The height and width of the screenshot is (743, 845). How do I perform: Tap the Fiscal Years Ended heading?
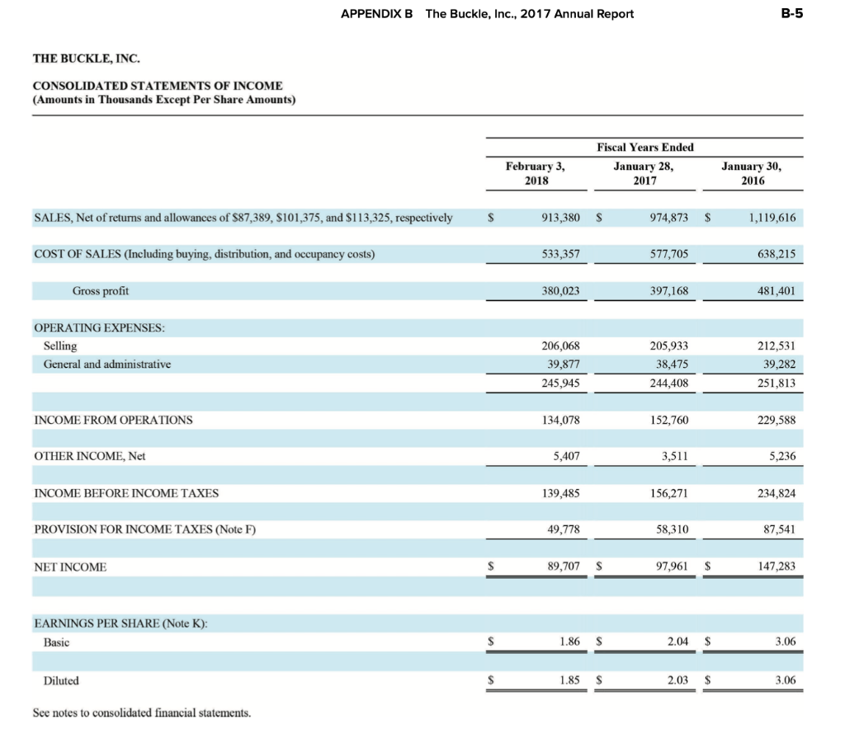click(644, 147)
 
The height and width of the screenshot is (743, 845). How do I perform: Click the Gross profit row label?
click(101, 291)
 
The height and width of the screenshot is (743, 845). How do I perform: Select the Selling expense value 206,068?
click(561, 346)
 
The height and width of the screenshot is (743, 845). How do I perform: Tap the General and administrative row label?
click(107, 364)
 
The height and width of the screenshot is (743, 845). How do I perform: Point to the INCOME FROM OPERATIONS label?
click(113, 420)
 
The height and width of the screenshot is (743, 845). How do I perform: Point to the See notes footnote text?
click(141, 712)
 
